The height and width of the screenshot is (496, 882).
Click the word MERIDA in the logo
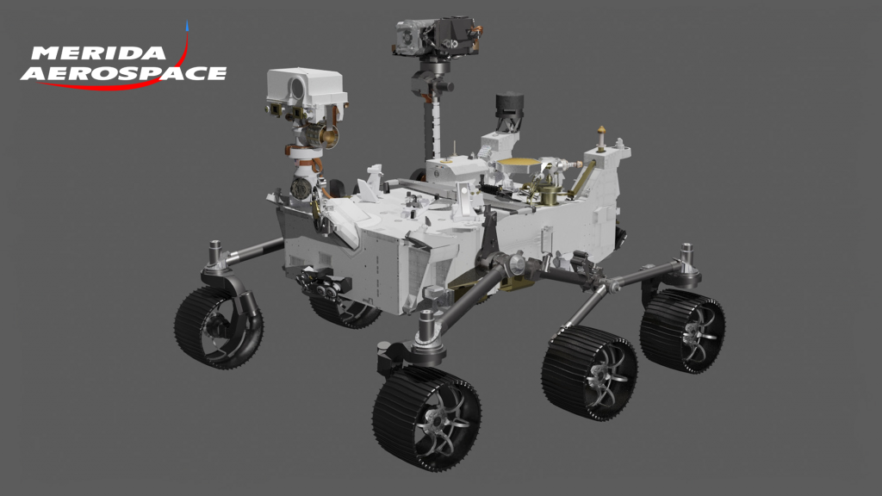click(99, 53)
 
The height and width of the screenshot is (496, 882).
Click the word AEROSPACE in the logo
click(124, 73)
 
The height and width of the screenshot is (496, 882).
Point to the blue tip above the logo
click(187, 25)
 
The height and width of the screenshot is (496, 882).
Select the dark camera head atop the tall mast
click(437, 37)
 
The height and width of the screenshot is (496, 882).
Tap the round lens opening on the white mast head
click(296, 87)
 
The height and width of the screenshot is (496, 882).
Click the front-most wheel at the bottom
click(426, 418)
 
